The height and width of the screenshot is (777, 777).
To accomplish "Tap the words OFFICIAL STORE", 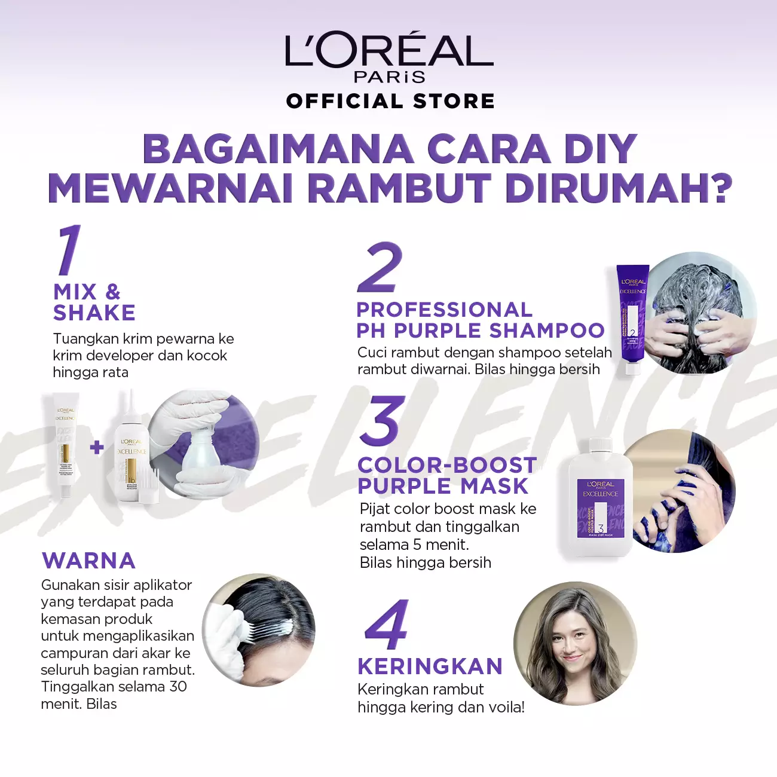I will click(x=390, y=101).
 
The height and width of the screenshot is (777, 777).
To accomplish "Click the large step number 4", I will click(x=387, y=625).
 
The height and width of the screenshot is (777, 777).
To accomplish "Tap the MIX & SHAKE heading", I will click(x=94, y=302).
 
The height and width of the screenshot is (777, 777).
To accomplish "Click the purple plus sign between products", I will click(x=97, y=448).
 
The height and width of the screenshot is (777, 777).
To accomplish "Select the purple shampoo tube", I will click(x=632, y=320).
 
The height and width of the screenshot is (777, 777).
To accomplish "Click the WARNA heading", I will click(x=88, y=561).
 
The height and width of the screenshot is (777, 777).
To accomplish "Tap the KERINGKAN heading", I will click(x=430, y=666).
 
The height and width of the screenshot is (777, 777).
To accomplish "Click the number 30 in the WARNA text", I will click(x=178, y=687).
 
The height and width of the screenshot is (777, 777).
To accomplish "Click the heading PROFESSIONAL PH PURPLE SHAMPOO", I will click(x=480, y=320).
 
